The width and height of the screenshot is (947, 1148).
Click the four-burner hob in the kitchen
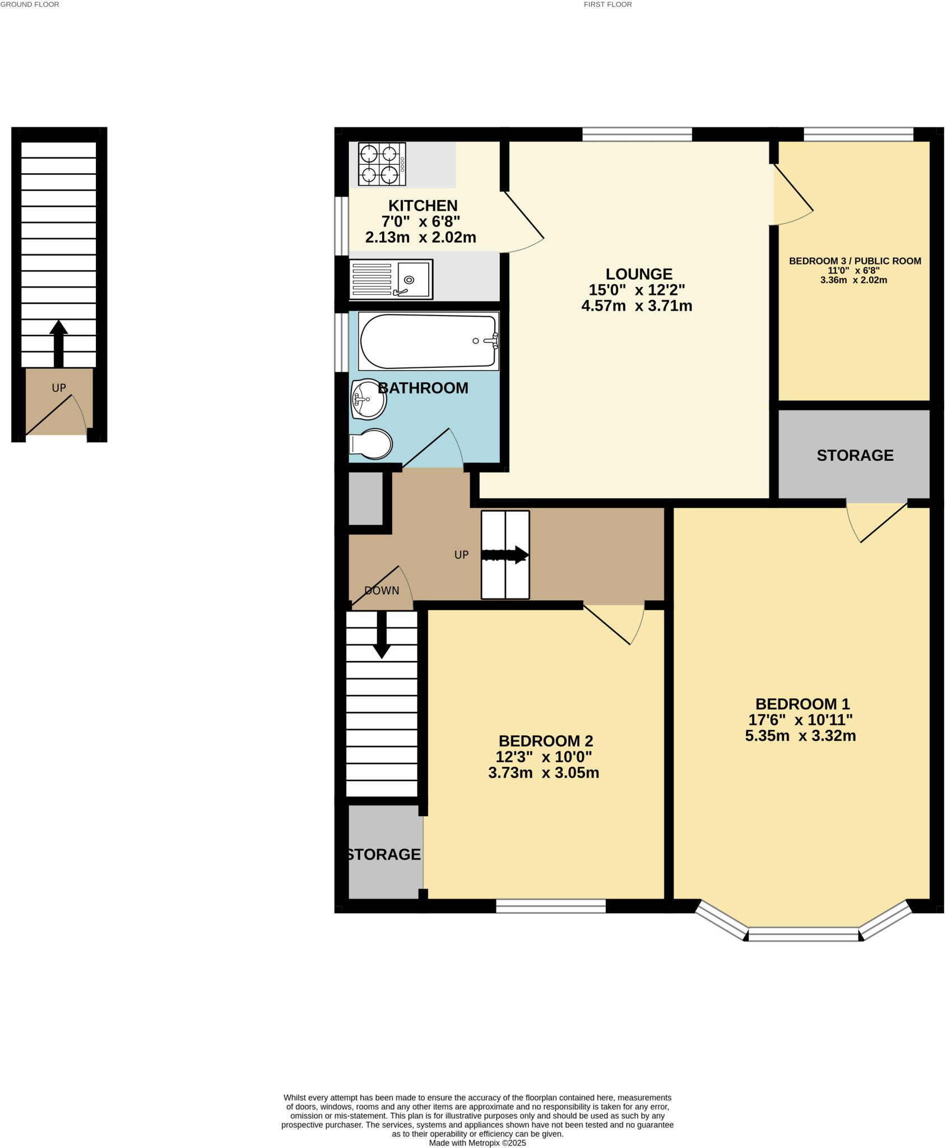point(382,164)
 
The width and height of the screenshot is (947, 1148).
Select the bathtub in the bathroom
point(429,341)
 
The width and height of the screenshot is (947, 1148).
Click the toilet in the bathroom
point(372,444)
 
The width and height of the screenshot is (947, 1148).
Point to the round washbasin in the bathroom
point(368,399)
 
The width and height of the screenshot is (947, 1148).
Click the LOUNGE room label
point(639,274)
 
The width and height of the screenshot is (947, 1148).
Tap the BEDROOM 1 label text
point(802,704)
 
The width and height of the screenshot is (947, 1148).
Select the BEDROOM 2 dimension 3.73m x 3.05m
point(544,773)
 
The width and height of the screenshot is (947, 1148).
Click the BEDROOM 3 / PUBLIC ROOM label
point(855,261)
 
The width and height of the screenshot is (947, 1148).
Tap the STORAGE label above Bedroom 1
point(855,455)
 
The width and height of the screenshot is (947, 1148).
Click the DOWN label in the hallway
point(382,590)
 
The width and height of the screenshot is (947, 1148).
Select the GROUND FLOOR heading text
point(30,4)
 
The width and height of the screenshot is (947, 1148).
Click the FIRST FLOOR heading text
point(607,4)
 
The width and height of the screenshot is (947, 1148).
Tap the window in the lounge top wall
point(637,134)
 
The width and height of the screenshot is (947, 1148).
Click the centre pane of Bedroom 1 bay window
point(803,934)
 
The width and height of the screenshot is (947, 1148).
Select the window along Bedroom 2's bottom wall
point(551,906)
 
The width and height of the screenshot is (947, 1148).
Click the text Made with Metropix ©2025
point(477,1142)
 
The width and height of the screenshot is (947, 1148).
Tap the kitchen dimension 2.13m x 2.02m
point(420,237)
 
